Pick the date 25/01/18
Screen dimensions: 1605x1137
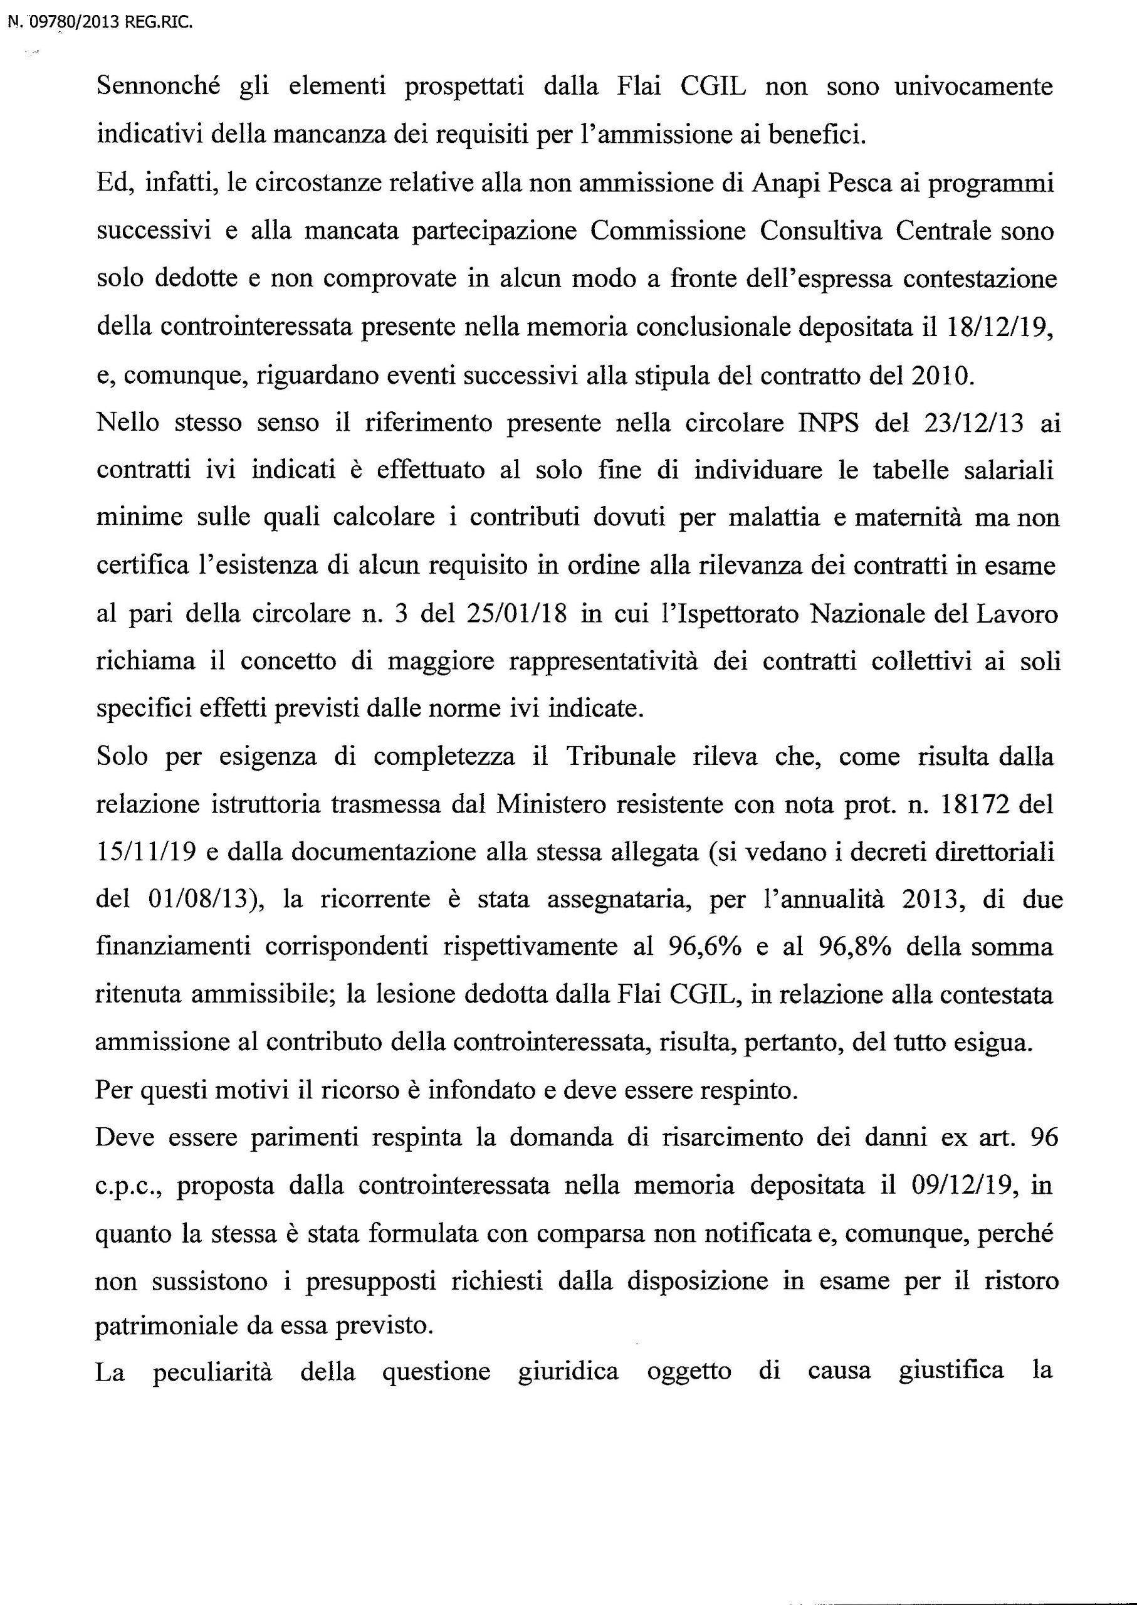(514, 613)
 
